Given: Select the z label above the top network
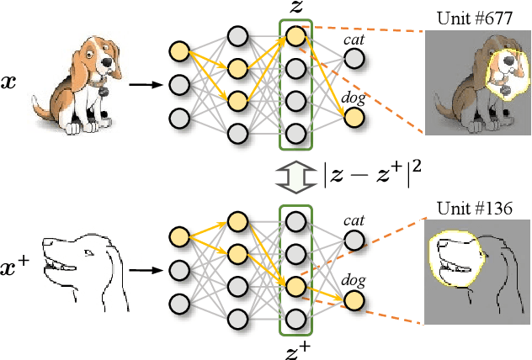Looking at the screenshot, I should click(295, 9).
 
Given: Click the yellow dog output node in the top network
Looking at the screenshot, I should click(354, 118).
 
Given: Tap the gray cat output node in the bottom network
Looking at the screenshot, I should click(354, 241).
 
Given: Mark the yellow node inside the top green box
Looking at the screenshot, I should click(295, 36).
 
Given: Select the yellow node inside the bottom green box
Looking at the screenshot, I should click(295, 287).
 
